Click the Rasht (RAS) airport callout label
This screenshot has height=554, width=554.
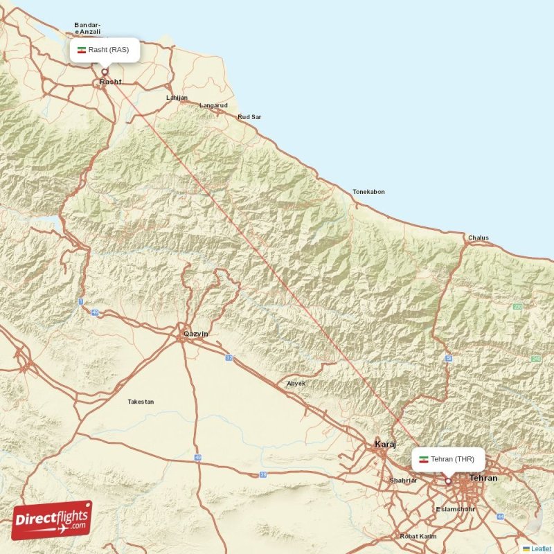pos(105,50)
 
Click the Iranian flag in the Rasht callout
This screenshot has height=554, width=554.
pos(82,50)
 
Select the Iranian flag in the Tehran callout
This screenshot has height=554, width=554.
pos(424,459)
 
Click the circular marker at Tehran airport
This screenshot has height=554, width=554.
pos(448,481)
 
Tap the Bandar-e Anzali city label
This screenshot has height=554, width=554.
pos(88,28)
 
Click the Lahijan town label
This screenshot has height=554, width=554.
pos(177,98)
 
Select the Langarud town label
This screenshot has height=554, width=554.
pos(213,105)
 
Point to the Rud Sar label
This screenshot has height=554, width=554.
pos(249,117)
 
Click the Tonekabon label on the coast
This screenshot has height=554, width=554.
pos(368,192)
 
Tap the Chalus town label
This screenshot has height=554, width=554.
pos(478,238)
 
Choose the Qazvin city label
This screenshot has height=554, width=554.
pos(195,334)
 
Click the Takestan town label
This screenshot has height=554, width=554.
pos(141,402)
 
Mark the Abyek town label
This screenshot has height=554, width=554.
pos(296,383)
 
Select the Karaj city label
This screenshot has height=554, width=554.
pos(384,444)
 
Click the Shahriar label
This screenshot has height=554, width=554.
pos(402,481)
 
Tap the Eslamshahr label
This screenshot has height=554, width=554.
pos(455,509)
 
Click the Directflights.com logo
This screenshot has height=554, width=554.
pos(52,520)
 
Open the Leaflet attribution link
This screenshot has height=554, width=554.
pos(541,548)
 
